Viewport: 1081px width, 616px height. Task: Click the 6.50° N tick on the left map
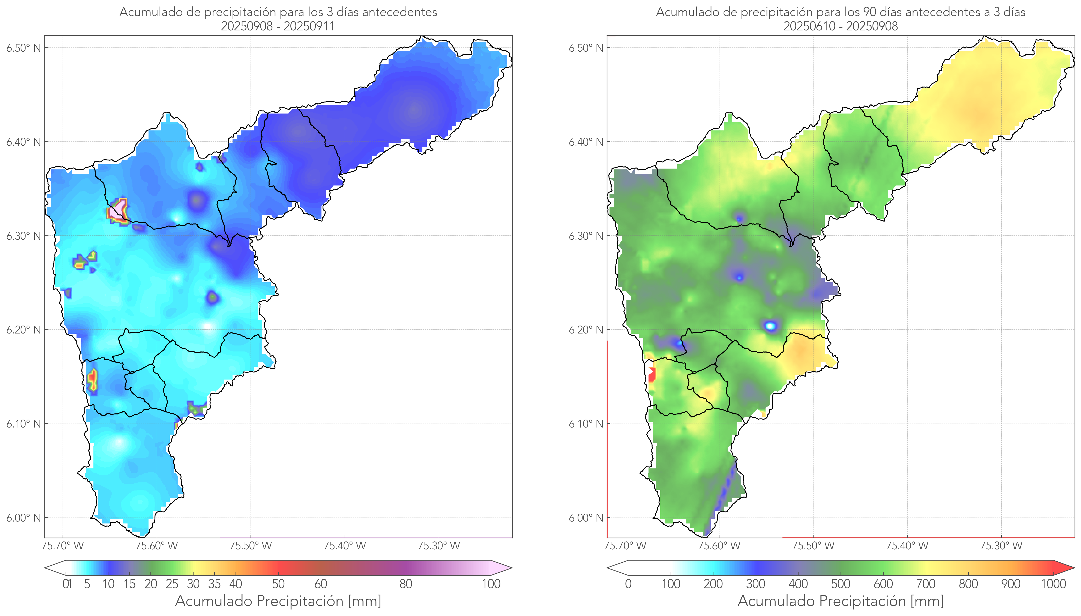[24, 48]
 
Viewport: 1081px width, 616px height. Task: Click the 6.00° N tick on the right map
[586, 518]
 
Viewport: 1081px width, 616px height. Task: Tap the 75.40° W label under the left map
[345, 546]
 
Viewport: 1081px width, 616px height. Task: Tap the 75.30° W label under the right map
[1001, 546]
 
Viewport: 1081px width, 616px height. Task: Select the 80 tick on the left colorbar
[405, 584]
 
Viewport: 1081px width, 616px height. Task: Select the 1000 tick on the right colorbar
[1053, 584]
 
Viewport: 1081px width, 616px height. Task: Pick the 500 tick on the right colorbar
[841, 584]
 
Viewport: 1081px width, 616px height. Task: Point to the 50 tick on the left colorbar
[278, 584]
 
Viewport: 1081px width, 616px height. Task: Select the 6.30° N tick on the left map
[24, 236]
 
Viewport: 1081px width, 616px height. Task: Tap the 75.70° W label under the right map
[625, 546]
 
